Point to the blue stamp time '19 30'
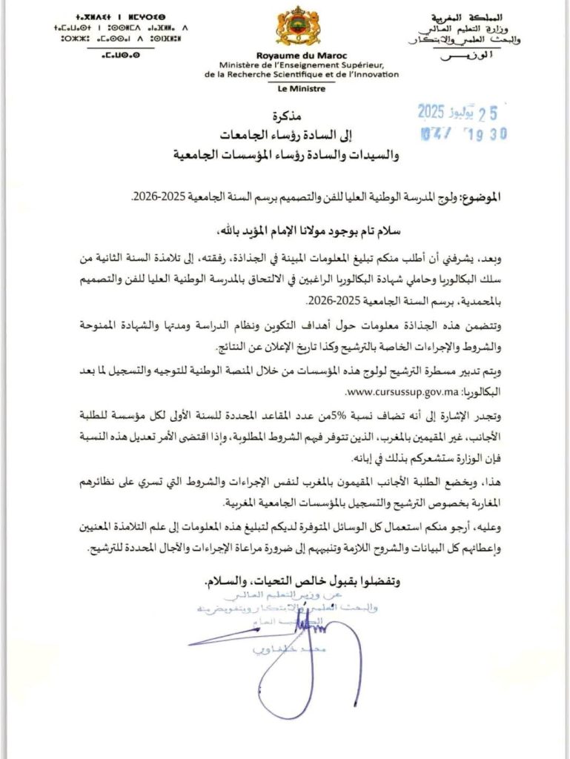click(486, 134)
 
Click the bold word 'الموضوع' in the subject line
click(477, 198)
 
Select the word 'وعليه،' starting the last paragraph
click(478, 528)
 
